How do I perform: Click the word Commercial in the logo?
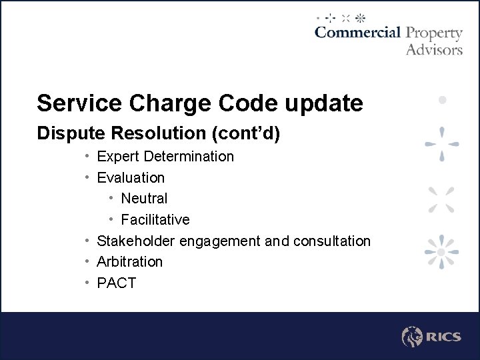(357, 33)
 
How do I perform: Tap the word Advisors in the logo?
(434, 49)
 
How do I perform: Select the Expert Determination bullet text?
(165, 157)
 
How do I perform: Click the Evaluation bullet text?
(131, 178)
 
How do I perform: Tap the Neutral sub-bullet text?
(144, 199)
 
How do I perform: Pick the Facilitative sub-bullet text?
(155, 220)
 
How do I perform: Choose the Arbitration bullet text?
(130, 262)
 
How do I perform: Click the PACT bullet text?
(117, 283)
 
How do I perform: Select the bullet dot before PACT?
(88, 283)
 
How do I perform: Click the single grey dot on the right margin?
(442, 99)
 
